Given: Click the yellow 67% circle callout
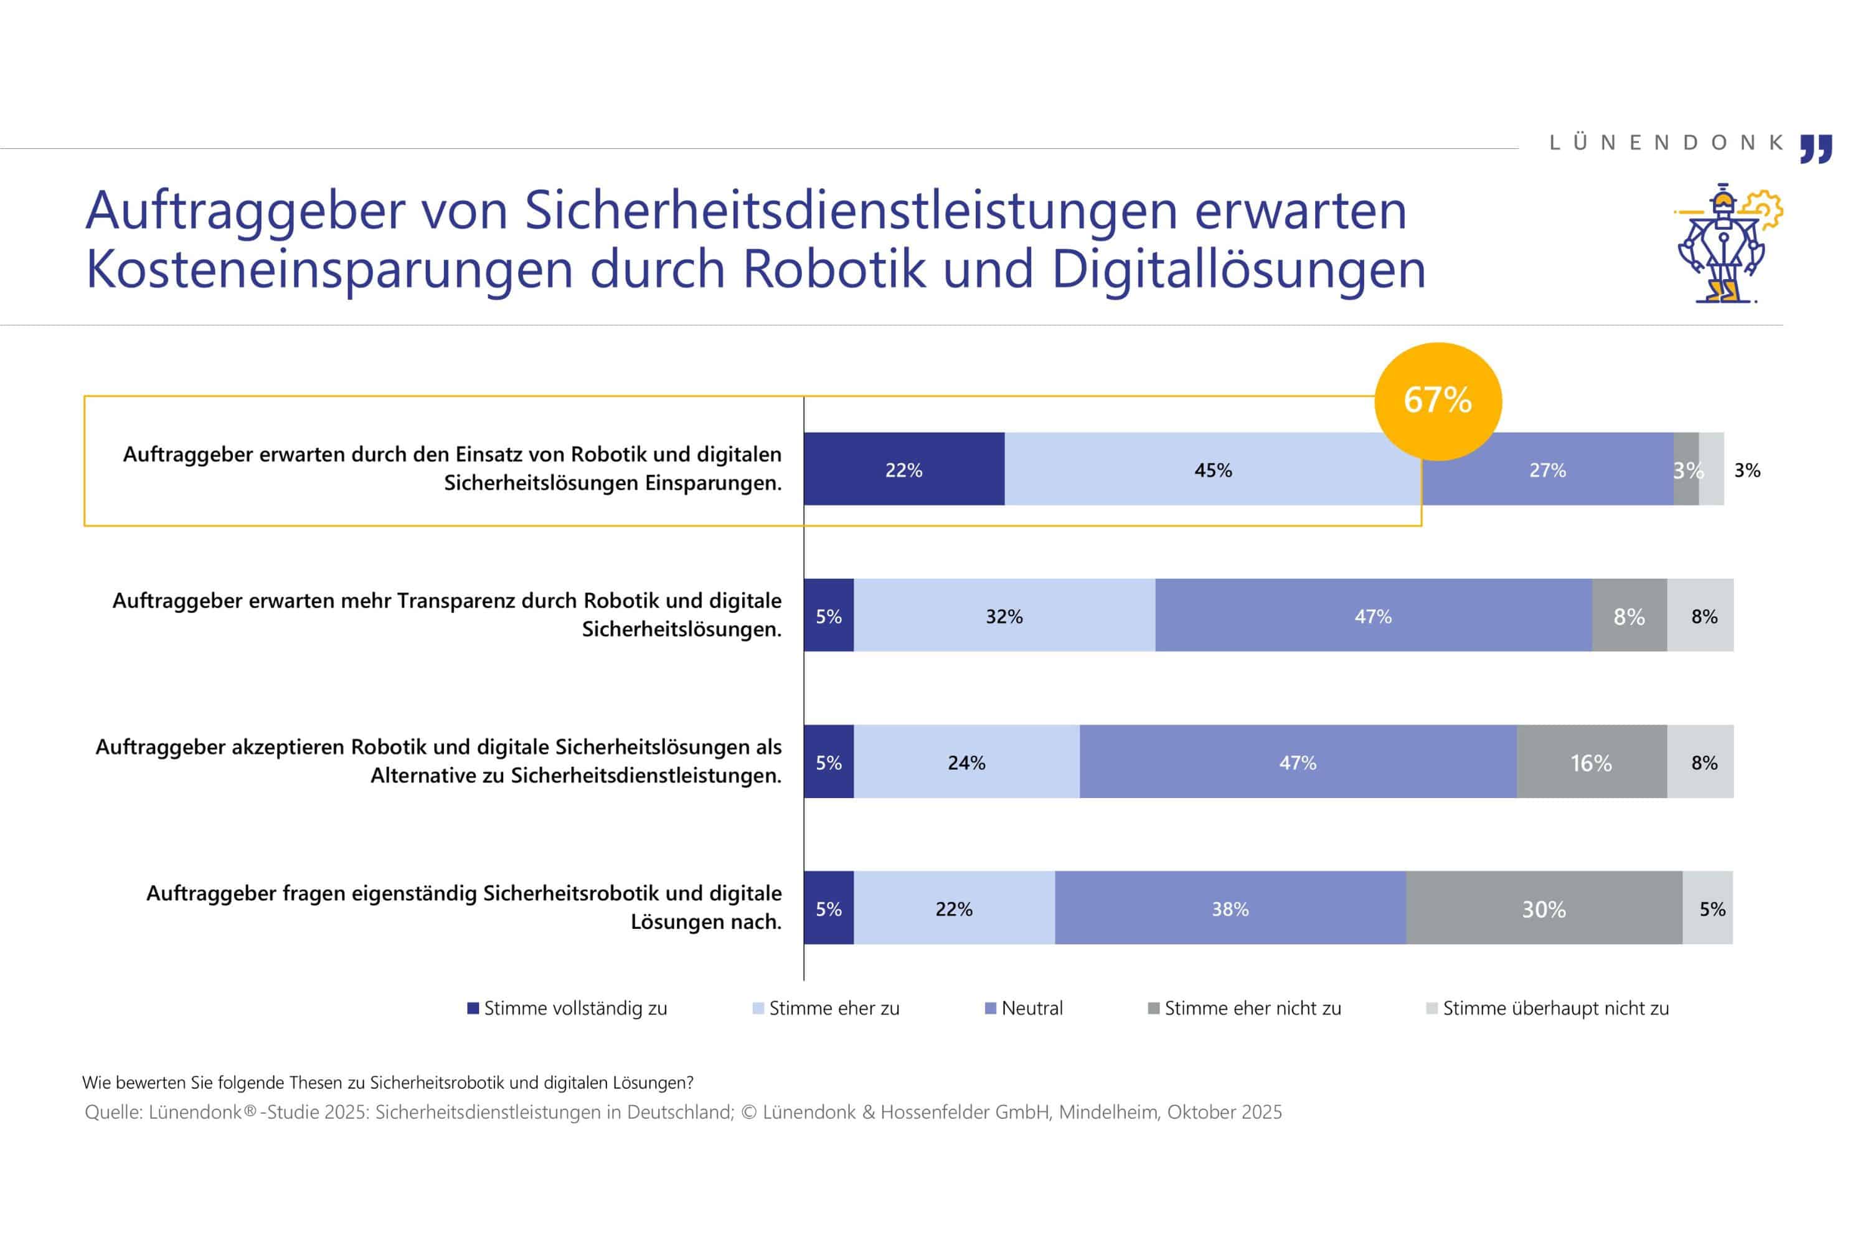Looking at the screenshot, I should click(1438, 401).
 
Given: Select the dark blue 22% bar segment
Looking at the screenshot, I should click(904, 469).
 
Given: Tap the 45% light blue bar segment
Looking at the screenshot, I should click(1213, 469).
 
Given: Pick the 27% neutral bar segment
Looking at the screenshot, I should click(1547, 469).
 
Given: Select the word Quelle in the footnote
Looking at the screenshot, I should click(113, 1111).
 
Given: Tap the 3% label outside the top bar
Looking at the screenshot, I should click(1747, 470).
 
